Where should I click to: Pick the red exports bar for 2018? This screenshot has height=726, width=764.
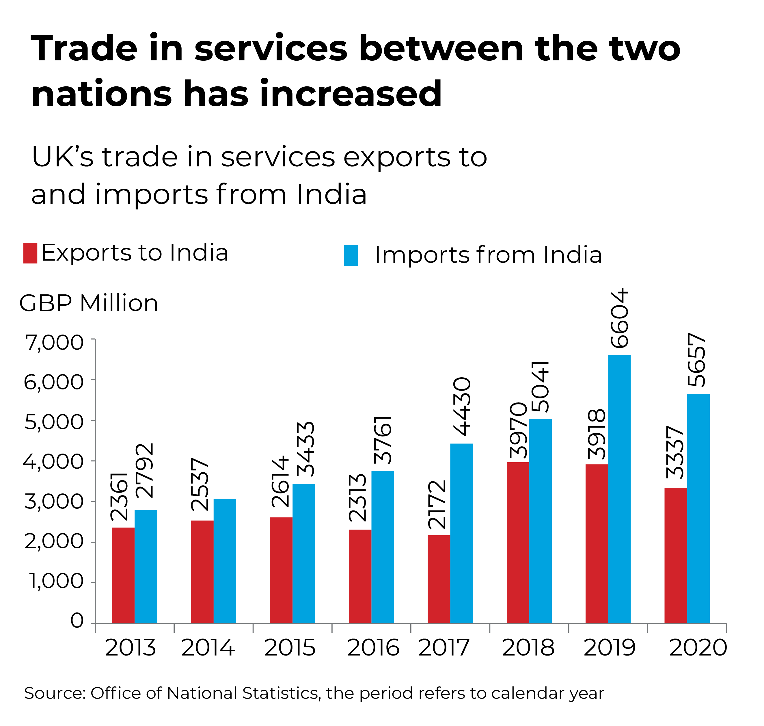(x=518, y=543)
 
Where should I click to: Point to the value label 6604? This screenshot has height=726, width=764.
(x=619, y=318)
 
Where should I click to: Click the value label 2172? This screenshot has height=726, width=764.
(x=437, y=504)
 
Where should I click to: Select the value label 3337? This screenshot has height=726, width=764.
(x=675, y=452)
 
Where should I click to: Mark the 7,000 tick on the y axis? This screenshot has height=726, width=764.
(x=54, y=343)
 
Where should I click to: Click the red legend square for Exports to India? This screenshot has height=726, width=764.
(x=30, y=253)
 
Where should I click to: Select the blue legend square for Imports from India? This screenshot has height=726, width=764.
(x=351, y=255)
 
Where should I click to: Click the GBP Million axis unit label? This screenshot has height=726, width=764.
(x=89, y=303)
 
